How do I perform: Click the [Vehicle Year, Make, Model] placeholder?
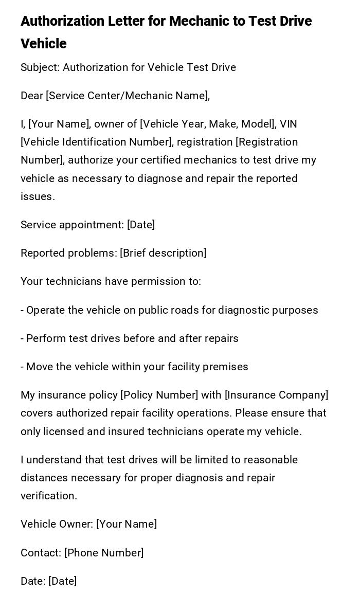(208, 124)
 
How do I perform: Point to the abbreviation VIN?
(289, 124)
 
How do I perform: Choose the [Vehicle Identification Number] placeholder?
(97, 142)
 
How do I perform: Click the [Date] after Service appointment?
(141, 225)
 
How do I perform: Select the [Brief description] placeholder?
(163, 253)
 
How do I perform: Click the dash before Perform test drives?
(22, 338)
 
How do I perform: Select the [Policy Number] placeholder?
(159, 395)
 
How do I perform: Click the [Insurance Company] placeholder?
(276, 395)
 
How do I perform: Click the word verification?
(49, 496)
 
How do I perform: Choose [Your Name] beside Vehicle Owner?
(127, 524)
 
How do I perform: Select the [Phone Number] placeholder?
(104, 553)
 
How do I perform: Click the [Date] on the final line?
(62, 581)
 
